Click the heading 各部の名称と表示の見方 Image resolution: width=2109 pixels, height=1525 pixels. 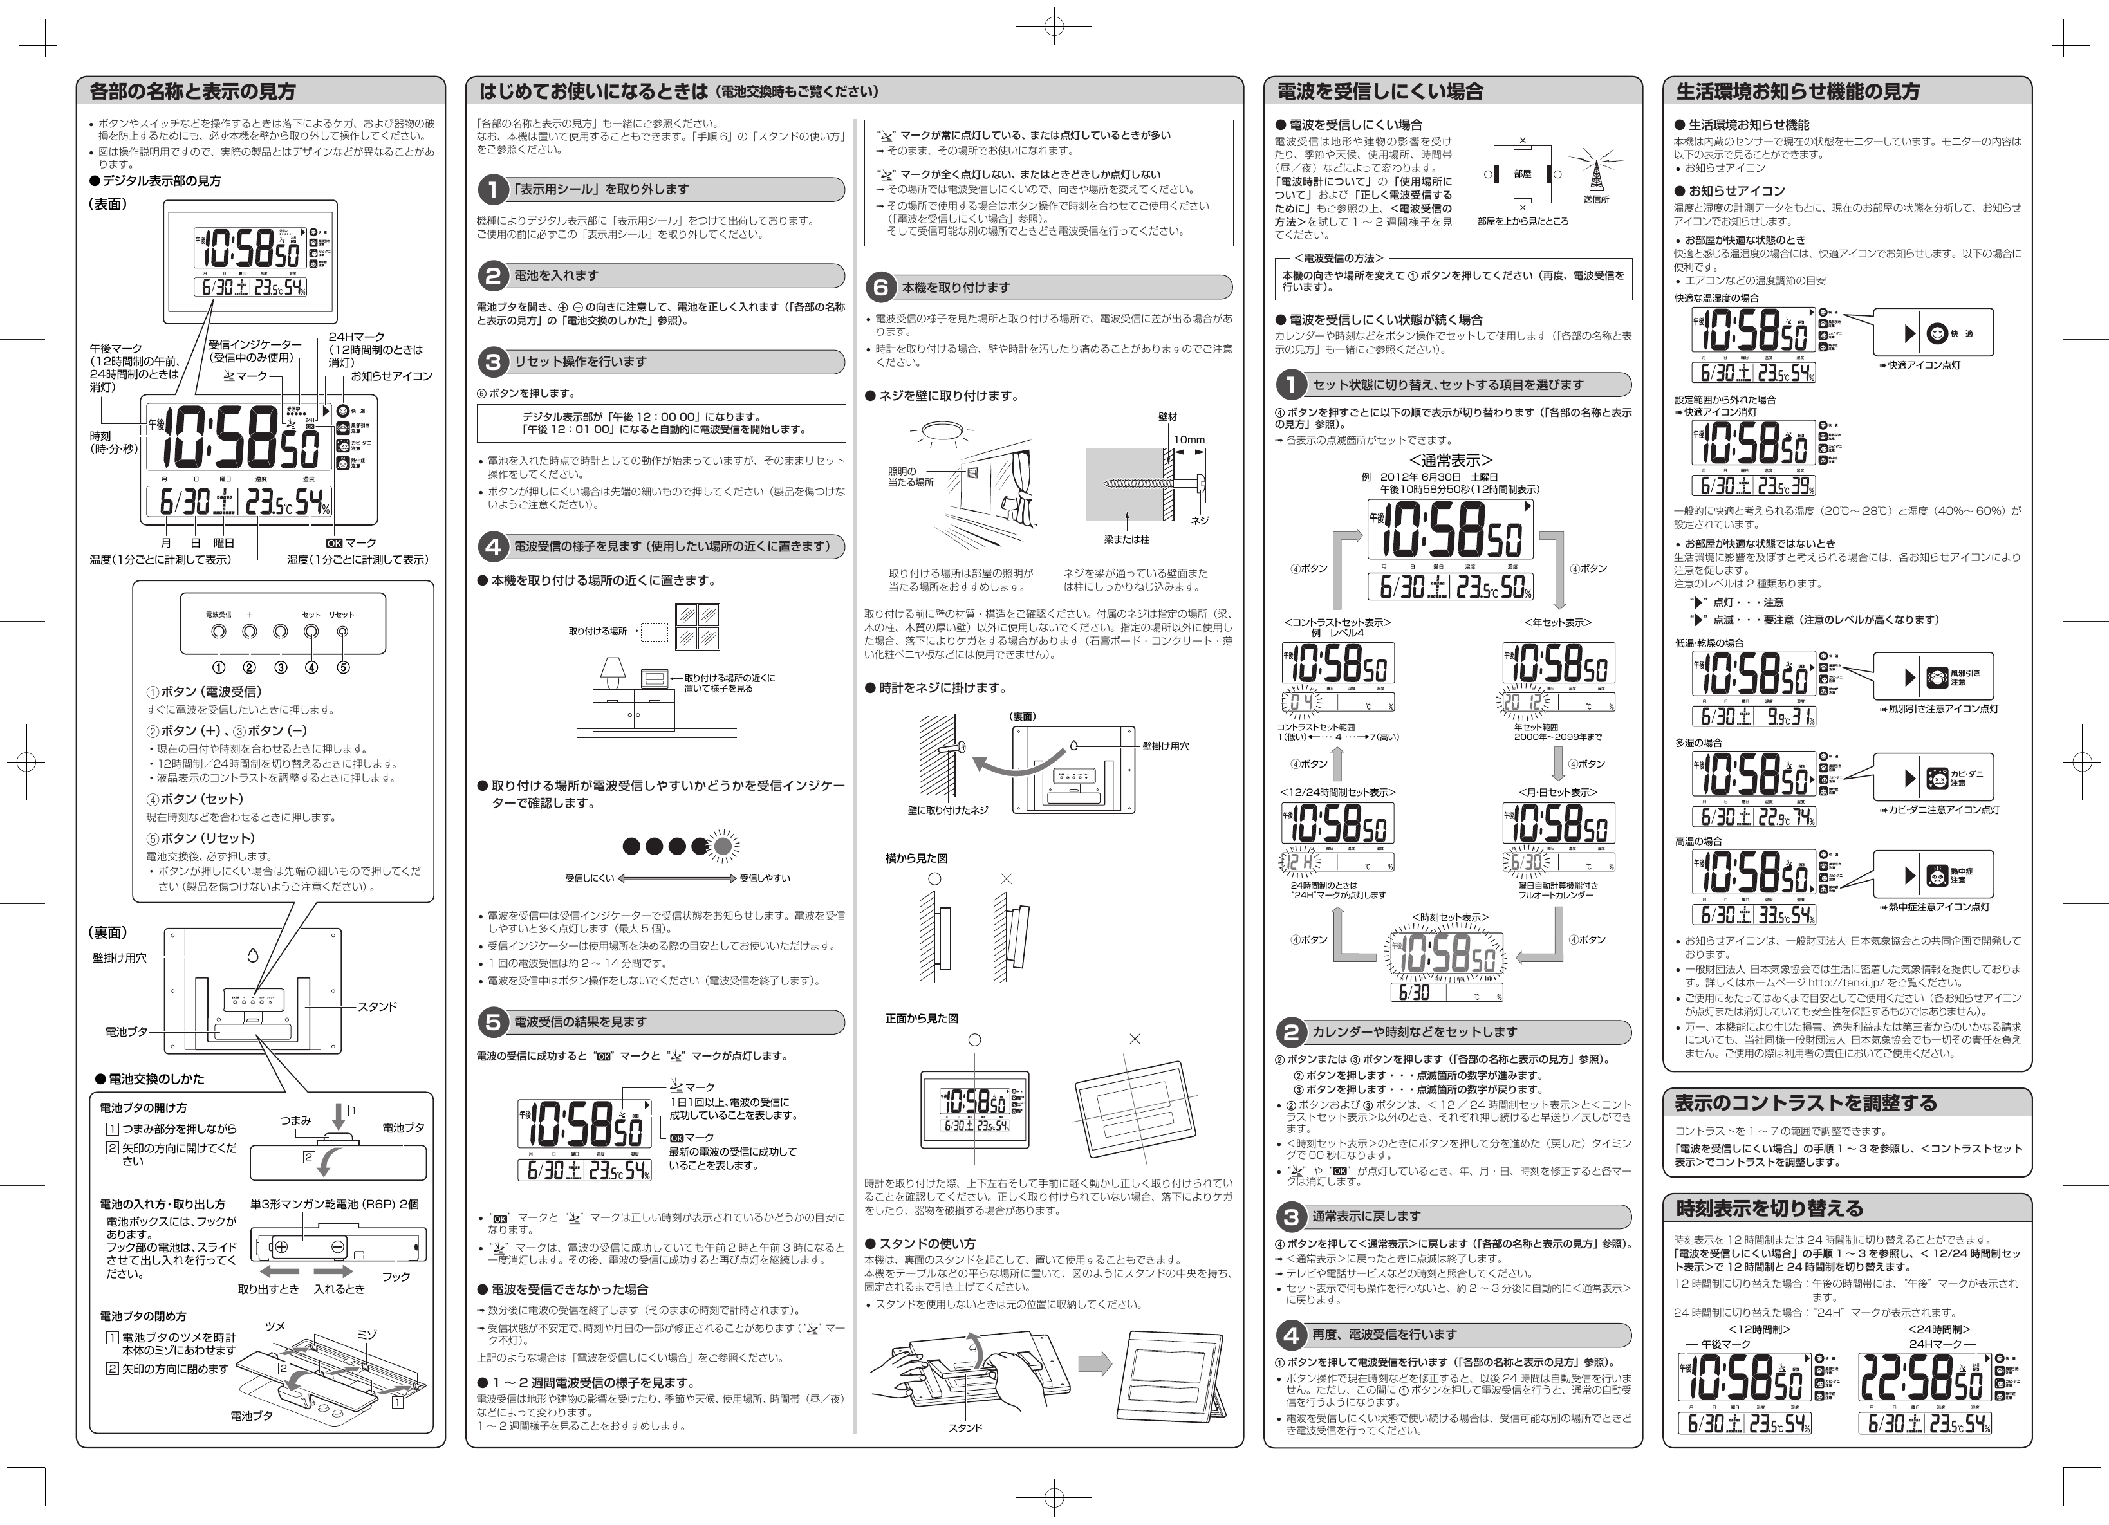click(192, 91)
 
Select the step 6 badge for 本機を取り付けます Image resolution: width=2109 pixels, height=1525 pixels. click(880, 288)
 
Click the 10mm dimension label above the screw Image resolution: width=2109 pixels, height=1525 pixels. click(1189, 440)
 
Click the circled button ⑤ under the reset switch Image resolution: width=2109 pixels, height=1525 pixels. click(343, 667)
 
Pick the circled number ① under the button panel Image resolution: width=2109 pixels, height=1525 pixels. click(219, 667)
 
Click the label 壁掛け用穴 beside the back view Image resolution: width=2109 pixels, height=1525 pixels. click(118, 957)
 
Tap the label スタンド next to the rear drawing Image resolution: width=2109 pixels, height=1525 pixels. click(378, 1006)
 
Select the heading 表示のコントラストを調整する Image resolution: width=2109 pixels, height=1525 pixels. click(1805, 1103)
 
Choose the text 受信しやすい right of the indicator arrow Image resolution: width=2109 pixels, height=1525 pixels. click(765, 878)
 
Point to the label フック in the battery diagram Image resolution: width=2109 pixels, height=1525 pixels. click(396, 1277)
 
